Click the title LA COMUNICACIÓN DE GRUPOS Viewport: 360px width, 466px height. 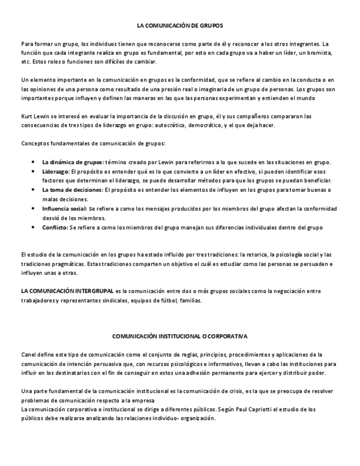point(180,25)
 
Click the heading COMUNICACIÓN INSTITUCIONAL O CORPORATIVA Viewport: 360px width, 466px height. point(180,335)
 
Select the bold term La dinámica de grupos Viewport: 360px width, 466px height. point(72,162)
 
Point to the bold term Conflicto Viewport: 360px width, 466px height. point(54,228)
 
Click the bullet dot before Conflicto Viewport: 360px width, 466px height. point(34,228)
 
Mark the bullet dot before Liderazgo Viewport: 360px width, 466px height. point(34,171)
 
